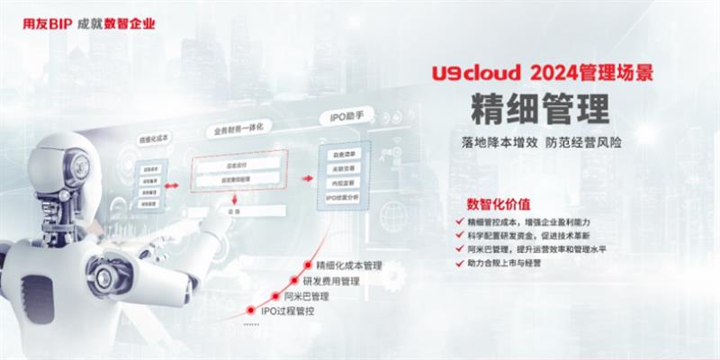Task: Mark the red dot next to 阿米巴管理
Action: click(x=274, y=295)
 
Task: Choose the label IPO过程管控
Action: click(x=288, y=310)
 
